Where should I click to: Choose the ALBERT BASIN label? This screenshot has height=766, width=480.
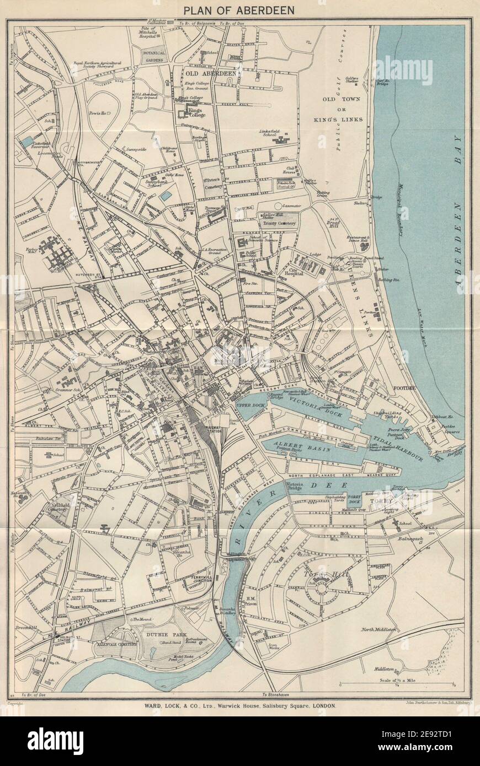tap(296, 444)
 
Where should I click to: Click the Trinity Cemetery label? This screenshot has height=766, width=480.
tap(279, 223)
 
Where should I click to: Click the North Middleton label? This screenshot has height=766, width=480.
tap(379, 629)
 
